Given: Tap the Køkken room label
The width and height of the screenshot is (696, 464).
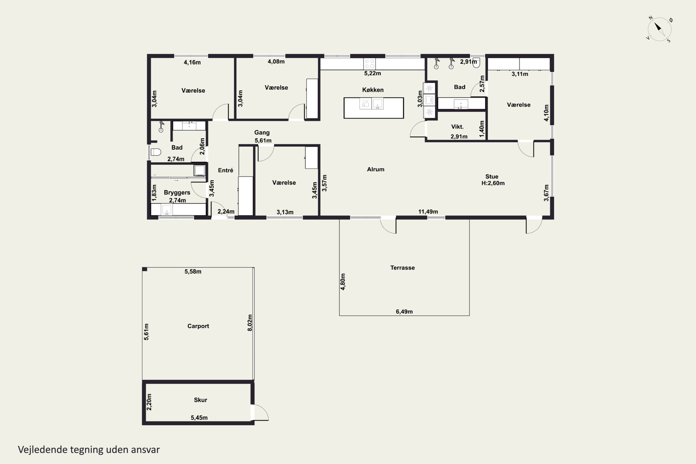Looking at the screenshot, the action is pyautogui.click(x=373, y=90).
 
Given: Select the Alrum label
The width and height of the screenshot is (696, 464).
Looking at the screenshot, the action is pyautogui.click(x=376, y=169).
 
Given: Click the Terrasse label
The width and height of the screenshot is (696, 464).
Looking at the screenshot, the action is pyautogui.click(x=403, y=268).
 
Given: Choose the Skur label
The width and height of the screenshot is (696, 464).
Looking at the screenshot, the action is pyautogui.click(x=200, y=400).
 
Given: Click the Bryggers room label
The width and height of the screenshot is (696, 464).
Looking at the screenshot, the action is pyautogui.click(x=177, y=193).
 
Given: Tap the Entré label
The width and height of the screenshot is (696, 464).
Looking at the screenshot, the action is pyautogui.click(x=226, y=170).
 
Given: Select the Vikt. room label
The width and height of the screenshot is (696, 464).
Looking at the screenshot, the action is pyautogui.click(x=457, y=127).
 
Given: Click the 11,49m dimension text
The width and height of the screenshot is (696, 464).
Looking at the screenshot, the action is pyautogui.click(x=428, y=212).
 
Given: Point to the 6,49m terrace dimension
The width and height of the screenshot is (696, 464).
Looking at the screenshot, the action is pyautogui.click(x=404, y=312).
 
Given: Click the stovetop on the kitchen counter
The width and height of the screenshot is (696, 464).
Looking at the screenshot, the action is pyautogui.click(x=370, y=64).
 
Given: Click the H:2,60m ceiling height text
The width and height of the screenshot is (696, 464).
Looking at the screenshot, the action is pyautogui.click(x=493, y=183).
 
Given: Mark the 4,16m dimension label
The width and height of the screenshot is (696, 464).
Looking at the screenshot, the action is pyautogui.click(x=192, y=62).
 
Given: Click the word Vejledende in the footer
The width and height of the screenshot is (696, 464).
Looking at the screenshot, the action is pyautogui.click(x=43, y=450).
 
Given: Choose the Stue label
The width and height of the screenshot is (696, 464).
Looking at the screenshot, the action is pyautogui.click(x=492, y=177).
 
